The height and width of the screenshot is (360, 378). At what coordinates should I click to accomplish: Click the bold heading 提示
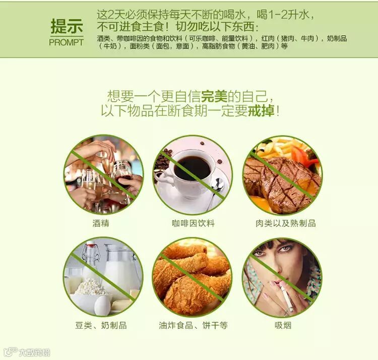[67, 26]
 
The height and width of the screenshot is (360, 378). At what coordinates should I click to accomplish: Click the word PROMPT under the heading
[67, 42]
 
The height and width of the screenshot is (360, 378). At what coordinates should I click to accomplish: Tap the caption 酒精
[101, 223]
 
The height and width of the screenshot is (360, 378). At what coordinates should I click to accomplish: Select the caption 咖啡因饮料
[193, 223]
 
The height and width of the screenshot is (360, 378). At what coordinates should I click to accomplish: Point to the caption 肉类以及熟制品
[285, 223]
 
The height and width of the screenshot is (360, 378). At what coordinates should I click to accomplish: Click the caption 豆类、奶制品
[101, 325]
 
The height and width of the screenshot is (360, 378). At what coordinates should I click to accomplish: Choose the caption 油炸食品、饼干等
[193, 325]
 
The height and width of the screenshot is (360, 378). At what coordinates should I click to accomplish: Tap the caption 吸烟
[283, 325]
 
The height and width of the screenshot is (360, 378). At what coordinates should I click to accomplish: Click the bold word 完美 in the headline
[214, 96]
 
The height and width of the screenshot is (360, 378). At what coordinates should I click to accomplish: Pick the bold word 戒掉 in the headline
[261, 111]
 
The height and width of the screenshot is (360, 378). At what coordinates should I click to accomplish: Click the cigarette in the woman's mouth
[286, 296]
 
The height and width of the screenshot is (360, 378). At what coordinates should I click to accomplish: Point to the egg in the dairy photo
[102, 305]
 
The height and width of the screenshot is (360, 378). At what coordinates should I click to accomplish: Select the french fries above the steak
[277, 147]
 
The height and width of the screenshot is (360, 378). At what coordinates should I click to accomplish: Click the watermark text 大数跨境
[34, 352]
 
